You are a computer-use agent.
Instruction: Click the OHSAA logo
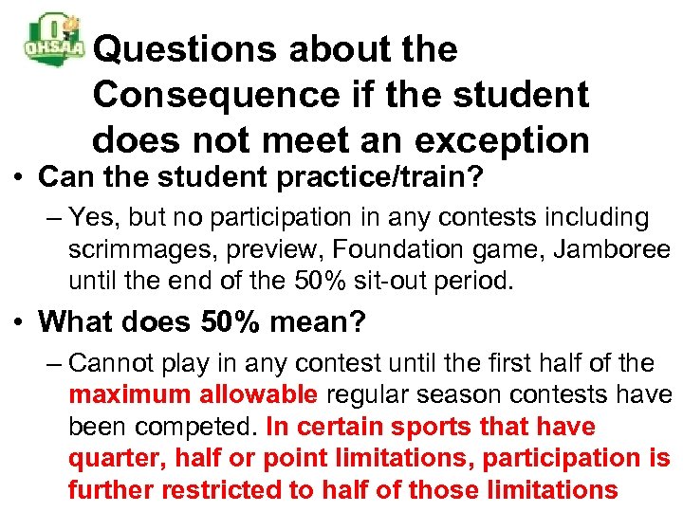tap(55, 40)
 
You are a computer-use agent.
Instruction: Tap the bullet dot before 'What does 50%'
tap(18, 322)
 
